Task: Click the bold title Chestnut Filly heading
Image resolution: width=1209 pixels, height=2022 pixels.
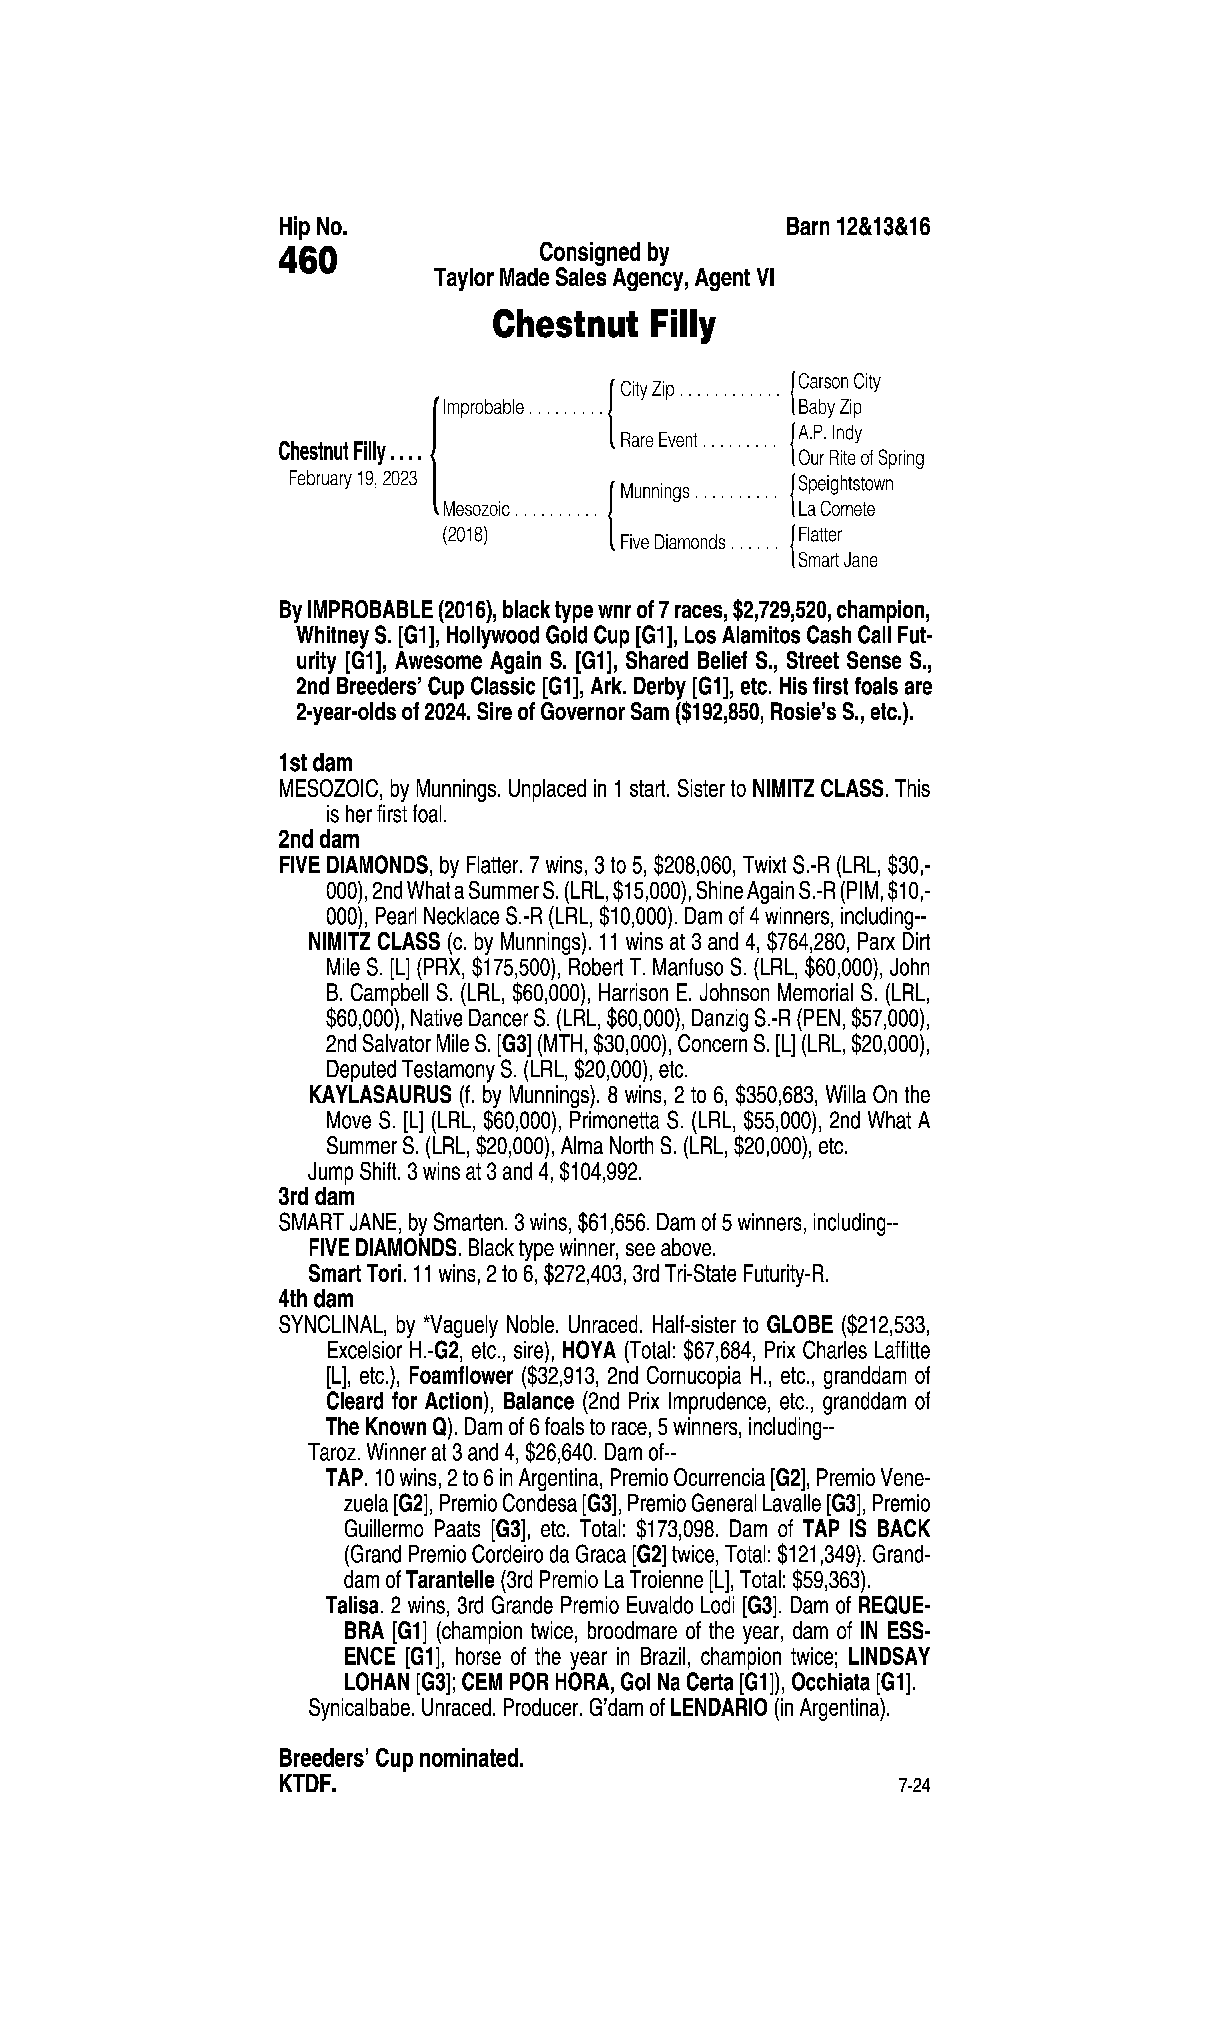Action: tap(604, 325)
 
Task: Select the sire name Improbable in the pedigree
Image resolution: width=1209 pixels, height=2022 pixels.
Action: tap(483, 407)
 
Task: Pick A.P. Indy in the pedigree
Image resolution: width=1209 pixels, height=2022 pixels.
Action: tap(829, 433)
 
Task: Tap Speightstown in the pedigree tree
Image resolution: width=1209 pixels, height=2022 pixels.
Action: tap(845, 484)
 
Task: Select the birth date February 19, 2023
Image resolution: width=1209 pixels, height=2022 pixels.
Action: tap(353, 478)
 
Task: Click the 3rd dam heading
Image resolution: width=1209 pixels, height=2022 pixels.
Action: tap(317, 1197)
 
